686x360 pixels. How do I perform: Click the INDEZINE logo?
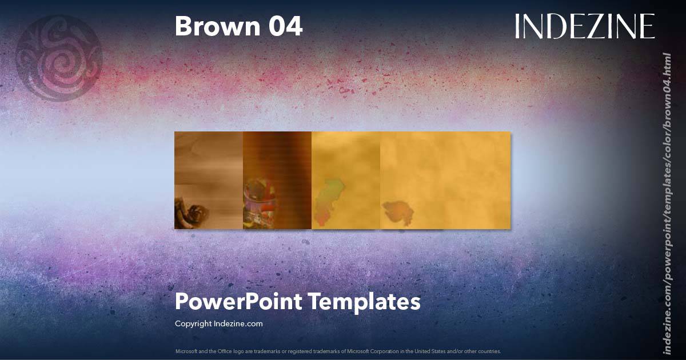[x=585, y=27]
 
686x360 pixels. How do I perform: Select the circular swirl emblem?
[x=59, y=58]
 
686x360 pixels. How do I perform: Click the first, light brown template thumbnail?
[x=209, y=171]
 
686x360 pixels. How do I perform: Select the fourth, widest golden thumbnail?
[x=445, y=171]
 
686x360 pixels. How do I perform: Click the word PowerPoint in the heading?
[x=238, y=302]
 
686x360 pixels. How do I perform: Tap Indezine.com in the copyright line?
[x=238, y=323]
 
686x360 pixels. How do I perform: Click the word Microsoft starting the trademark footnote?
[x=186, y=351]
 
